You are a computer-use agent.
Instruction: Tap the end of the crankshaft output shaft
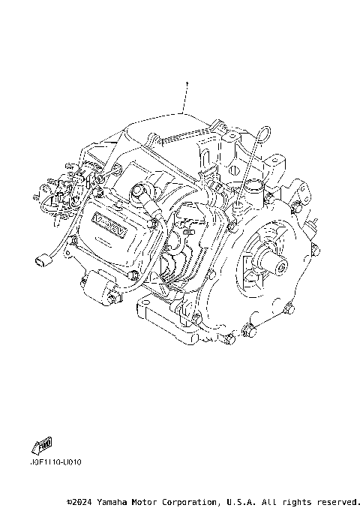(283, 264)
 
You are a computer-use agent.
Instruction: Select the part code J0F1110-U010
(57, 461)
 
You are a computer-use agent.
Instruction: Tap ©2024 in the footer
(80, 500)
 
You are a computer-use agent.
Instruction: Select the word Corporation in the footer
(191, 500)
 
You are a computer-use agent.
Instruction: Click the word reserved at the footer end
(337, 500)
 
